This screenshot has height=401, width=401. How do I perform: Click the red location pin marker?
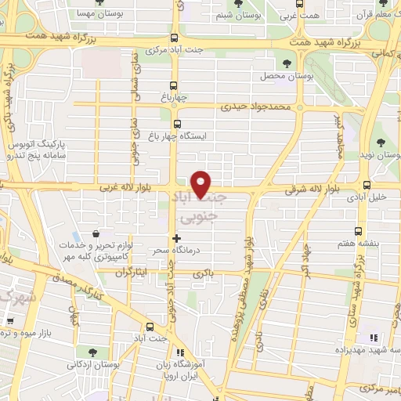(202, 183)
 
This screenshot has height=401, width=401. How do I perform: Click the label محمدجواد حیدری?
(255, 104)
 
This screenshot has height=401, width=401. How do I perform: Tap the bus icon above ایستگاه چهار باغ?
(176, 124)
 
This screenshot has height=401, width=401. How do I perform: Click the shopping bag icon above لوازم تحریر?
(96, 233)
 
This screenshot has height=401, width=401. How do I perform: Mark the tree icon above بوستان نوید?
(381, 143)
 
